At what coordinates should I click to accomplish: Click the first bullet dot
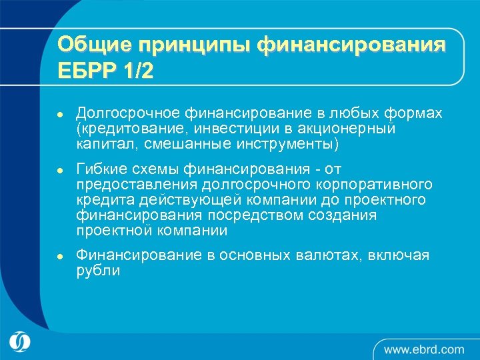pyautogui.click(x=59, y=115)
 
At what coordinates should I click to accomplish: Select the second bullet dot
pyautogui.click(x=59, y=170)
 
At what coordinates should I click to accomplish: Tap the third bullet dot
pyautogui.click(x=59, y=256)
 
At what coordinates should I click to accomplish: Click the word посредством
pyautogui.click(x=256, y=215)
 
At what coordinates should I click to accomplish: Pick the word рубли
pyautogui.click(x=98, y=271)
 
